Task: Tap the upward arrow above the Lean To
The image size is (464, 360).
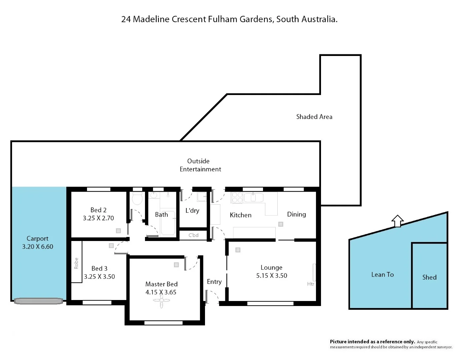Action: [x=397, y=221]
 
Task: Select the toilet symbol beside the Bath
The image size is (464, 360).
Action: [x=137, y=199]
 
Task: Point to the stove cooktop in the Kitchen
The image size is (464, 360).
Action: [x=237, y=197]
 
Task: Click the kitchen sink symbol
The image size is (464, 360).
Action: [x=253, y=197]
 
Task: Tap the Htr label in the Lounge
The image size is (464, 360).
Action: [x=310, y=284]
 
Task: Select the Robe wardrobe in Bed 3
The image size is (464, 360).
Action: [x=77, y=262]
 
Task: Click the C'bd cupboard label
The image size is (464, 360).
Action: [x=193, y=235]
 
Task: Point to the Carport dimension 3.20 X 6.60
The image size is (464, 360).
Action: [x=38, y=247]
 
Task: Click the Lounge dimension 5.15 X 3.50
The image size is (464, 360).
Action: [x=271, y=276]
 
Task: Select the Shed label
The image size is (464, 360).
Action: [x=429, y=277]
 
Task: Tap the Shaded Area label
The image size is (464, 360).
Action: [x=314, y=117]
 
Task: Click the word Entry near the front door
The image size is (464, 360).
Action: [x=214, y=282]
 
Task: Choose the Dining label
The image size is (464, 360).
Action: [x=296, y=214]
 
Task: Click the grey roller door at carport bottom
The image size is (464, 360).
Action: [x=38, y=301]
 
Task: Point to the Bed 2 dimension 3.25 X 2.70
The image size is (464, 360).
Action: [x=98, y=218]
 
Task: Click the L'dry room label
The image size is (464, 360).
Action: [x=192, y=211]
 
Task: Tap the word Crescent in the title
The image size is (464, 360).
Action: [x=189, y=19]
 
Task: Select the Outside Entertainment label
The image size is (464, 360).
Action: [x=200, y=165]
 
